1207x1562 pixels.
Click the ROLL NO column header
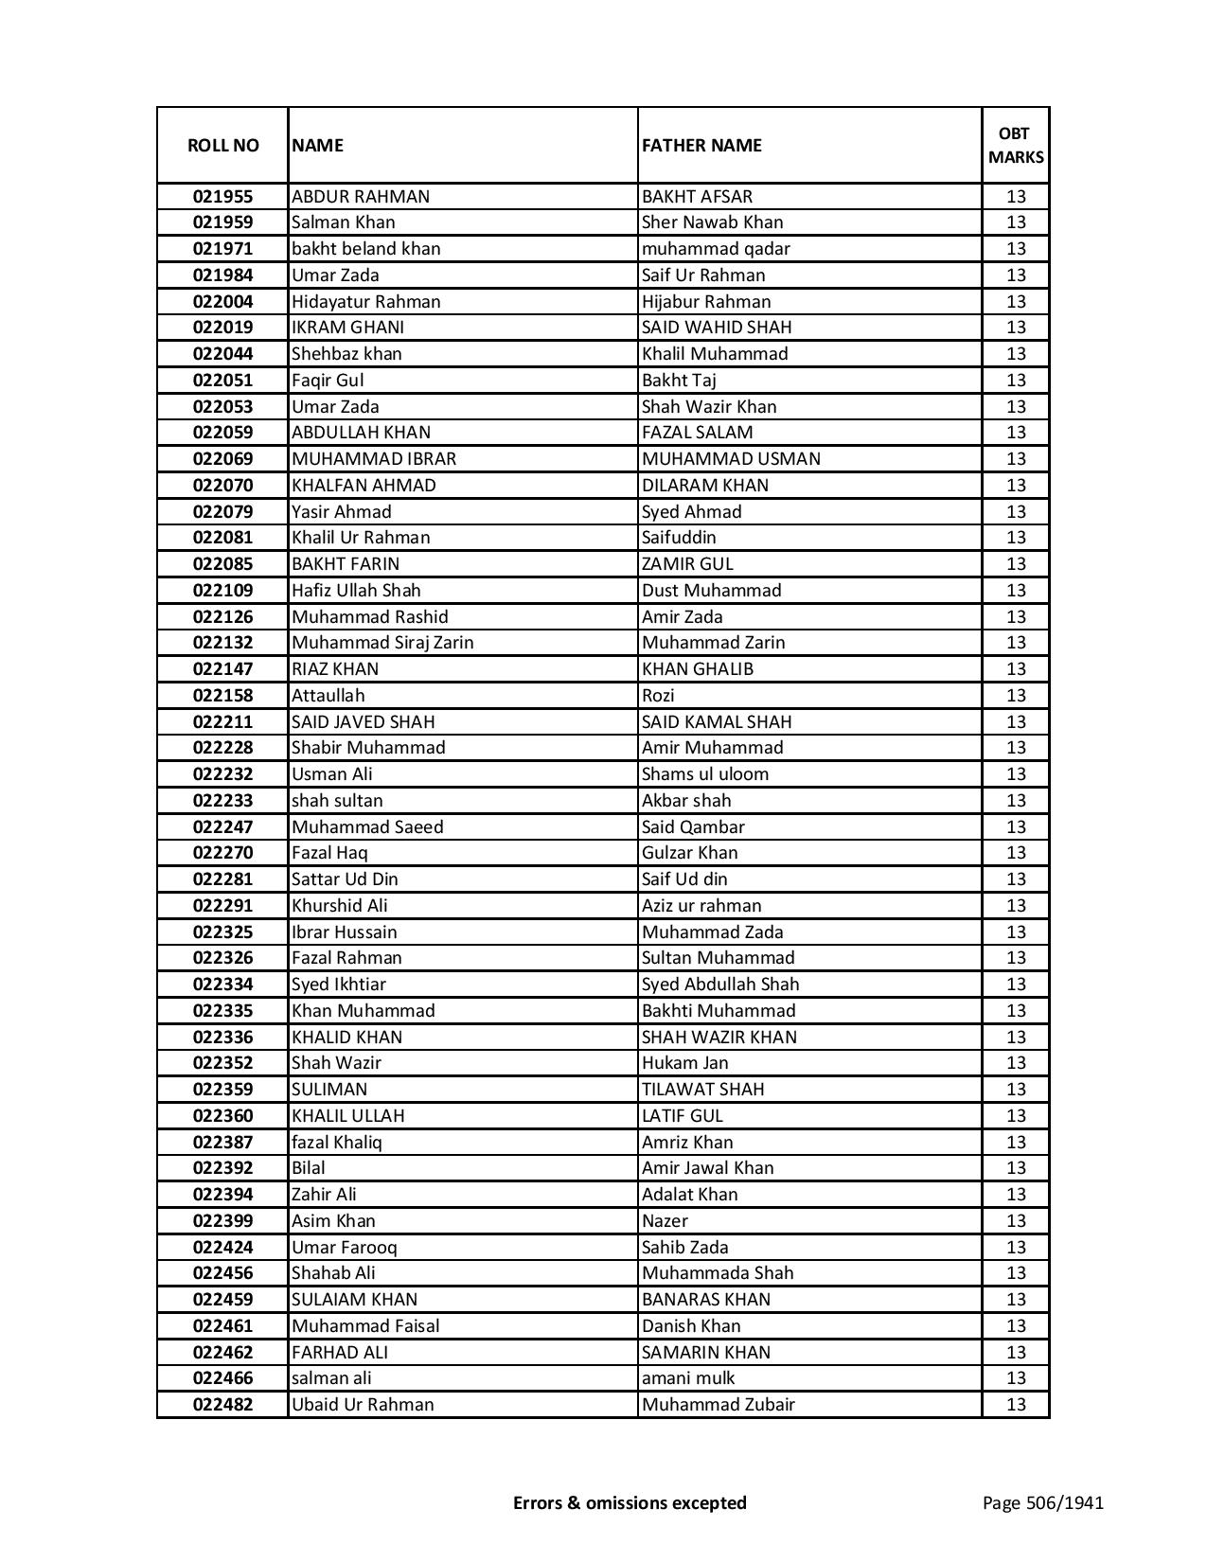[222, 146]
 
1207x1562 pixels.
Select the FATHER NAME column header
[701, 146]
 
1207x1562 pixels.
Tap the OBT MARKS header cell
[1015, 146]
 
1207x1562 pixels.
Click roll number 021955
[222, 197]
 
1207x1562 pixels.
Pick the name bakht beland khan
[365, 249]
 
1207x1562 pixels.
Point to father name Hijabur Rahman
[706, 302]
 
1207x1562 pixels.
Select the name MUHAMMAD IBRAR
[374, 459]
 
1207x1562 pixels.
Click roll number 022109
[222, 591]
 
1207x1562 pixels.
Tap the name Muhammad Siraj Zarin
[382, 643]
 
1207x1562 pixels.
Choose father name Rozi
[658, 696]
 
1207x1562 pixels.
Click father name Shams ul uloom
[705, 774]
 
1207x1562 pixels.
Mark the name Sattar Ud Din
[345, 879]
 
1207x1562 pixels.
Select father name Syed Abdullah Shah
[720, 985]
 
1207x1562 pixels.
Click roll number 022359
[222, 1090]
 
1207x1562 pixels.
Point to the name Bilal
[309, 1168]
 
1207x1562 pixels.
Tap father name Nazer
[665, 1221]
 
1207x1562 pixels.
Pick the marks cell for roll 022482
[1015, 1405]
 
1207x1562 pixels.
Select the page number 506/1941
[1042, 1502]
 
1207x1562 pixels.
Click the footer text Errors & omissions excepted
[630, 1502]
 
